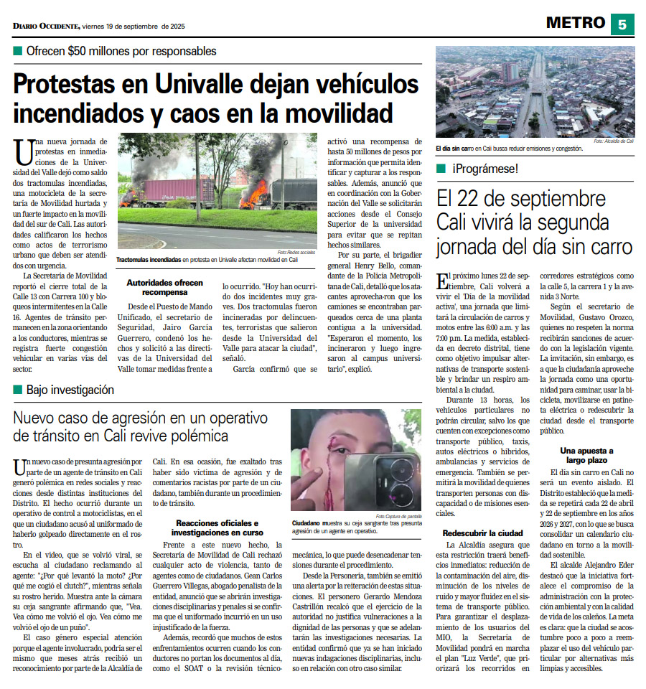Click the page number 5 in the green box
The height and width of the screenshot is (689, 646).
tap(622, 24)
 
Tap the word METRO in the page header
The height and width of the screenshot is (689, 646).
tap(575, 23)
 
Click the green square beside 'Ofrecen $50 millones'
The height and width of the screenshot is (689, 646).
tap(17, 52)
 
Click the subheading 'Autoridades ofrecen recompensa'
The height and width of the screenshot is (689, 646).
tap(164, 288)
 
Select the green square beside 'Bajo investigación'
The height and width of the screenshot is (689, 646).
tap(17, 390)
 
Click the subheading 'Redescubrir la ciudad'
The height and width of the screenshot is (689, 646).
tap(482, 533)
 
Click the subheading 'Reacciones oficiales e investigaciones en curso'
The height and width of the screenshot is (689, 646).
tap(217, 528)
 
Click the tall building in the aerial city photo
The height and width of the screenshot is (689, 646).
tap(510, 72)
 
